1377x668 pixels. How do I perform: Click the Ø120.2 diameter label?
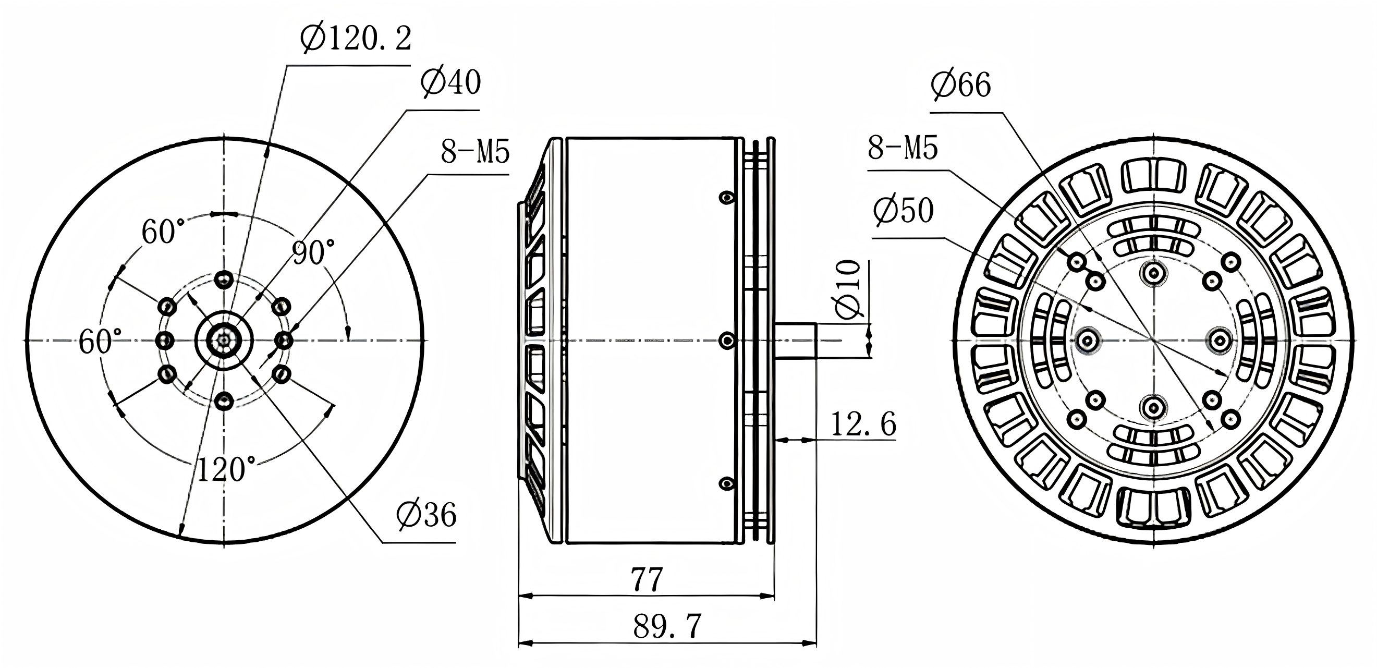click(x=356, y=39)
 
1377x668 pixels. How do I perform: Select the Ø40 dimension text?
click(x=450, y=83)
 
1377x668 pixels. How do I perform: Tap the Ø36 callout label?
click(x=426, y=515)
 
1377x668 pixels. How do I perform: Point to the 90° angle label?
click(x=313, y=252)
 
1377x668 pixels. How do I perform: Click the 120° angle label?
click(x=226, y=469)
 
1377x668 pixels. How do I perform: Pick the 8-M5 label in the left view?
click(x=474, y=152)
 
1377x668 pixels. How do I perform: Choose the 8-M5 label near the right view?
click(x=903, y=148)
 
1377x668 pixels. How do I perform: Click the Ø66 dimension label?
click(x=960, y=86)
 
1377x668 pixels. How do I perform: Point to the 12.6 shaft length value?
click(x=863, y=424)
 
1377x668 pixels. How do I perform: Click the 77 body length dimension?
click(x=647, y=580)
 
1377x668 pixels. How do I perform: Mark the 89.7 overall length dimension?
click(x=666, y=626)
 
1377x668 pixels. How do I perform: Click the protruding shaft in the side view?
click(x=796, y=340)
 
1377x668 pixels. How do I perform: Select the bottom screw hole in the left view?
click(x=224, y=400)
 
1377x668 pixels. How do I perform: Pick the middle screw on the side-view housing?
click(x=726, y=340)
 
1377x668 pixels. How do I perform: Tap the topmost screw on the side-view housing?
click(x=725, y=198)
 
